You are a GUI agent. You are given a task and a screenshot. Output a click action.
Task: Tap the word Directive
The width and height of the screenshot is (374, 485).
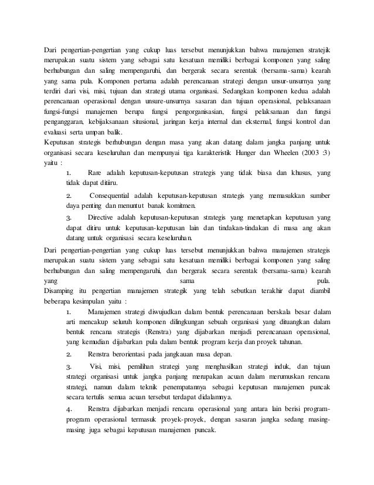click(x=101, y=216)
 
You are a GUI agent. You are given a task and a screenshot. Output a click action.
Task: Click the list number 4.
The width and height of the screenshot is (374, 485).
click(x=69, y=408)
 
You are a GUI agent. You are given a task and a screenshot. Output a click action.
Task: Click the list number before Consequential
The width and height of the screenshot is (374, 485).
click(x=69, y=195)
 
